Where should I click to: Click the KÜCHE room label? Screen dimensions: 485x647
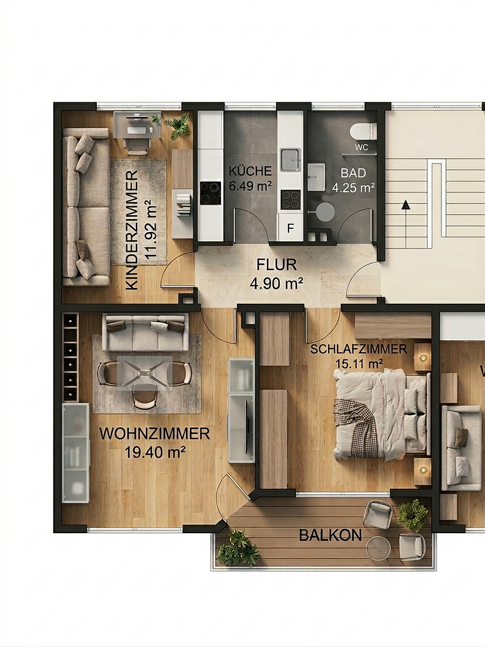250,171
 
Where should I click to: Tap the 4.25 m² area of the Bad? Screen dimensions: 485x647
353,188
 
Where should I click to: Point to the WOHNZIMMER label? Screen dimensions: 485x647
154,434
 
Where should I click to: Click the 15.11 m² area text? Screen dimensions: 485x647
359,364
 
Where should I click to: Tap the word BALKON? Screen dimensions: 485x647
331,536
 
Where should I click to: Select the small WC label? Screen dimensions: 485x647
362,147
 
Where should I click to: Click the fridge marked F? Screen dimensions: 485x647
290,228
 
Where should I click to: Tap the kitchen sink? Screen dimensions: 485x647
291,160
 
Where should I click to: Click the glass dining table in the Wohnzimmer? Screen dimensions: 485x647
144,373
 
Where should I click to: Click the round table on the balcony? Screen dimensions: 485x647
378,548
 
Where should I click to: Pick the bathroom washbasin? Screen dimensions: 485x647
316,177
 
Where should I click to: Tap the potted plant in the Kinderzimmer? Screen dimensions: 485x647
178,126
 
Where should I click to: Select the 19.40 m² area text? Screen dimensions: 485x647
154,452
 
